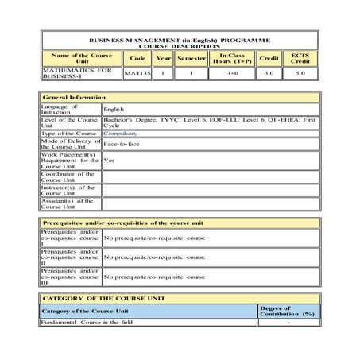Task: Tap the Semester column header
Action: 192,58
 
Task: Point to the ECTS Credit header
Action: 300,58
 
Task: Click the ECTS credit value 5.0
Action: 300,73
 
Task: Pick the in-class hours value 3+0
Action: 233,73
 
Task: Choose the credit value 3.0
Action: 269,73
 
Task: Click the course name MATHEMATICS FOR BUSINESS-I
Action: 71,73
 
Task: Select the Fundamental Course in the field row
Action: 87,322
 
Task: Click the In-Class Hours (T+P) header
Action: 233,58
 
